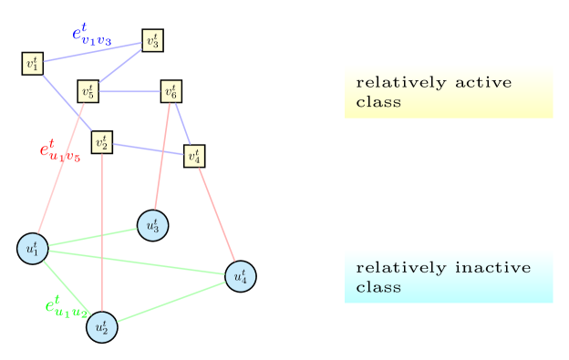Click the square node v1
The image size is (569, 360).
[x=33, y=64]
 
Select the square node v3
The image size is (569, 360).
[x=152, y=41]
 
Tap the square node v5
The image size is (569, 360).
[x=88, y=91]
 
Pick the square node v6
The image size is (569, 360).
[x=171, y=91]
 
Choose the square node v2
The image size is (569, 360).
[x=102, y=142]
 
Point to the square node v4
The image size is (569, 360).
[x=193, y=156]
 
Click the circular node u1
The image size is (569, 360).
[x=32, y=248]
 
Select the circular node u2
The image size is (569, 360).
[x=102, y=327]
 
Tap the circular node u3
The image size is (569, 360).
[x=152, y=224]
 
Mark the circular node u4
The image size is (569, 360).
[x=240, y=275]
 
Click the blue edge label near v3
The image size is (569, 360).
[x=91, y=34]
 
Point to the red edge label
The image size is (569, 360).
[x=59, y=151]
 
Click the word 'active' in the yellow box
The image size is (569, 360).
[x=482, y=83]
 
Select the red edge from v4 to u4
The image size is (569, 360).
[x=216, y=215]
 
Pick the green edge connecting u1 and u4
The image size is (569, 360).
[x=137, y=262]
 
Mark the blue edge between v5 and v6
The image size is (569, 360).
[x=129, y=91]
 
